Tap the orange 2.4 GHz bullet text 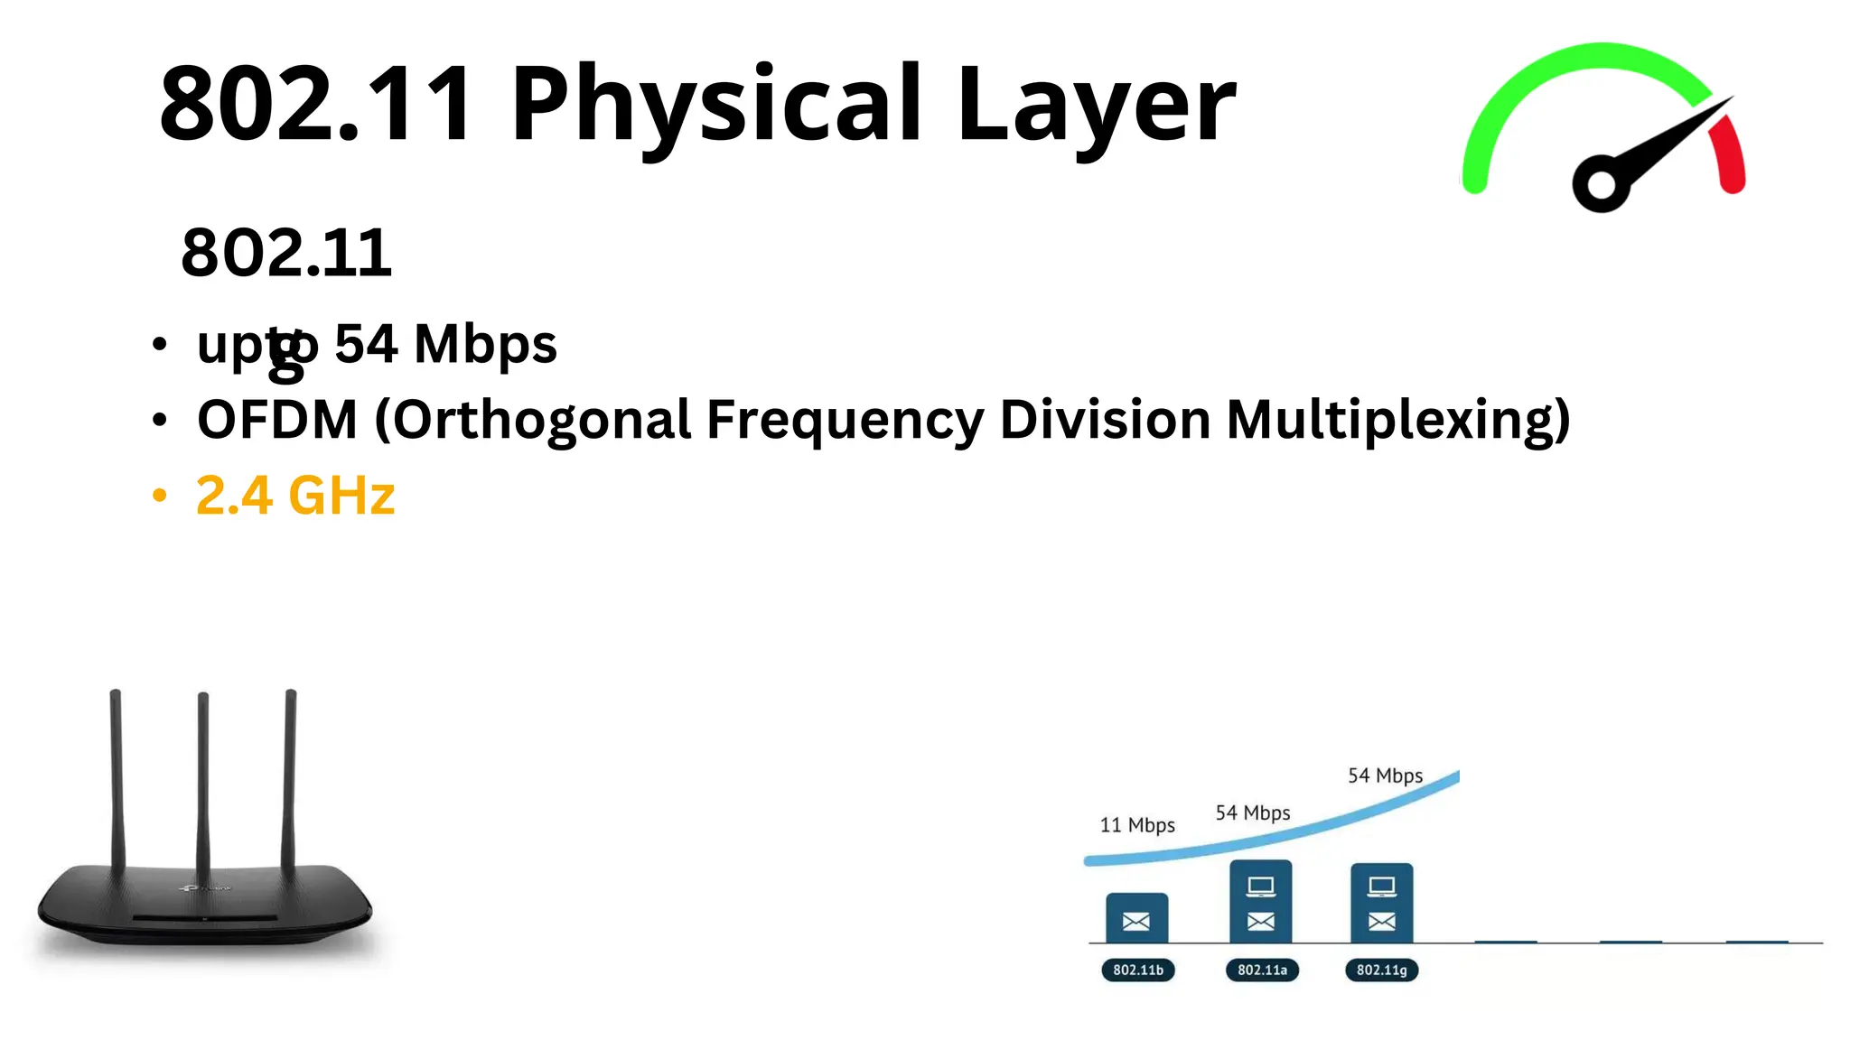295,496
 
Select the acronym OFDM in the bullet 277,420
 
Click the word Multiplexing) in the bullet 1397,420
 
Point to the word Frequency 845,420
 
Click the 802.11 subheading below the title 286,252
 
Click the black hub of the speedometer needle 1601,185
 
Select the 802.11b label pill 1137,970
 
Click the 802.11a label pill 1262,970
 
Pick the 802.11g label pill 1381,970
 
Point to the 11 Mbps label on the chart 1136,825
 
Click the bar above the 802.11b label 1136,917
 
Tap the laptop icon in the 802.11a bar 1261,887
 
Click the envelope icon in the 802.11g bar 1381,922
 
